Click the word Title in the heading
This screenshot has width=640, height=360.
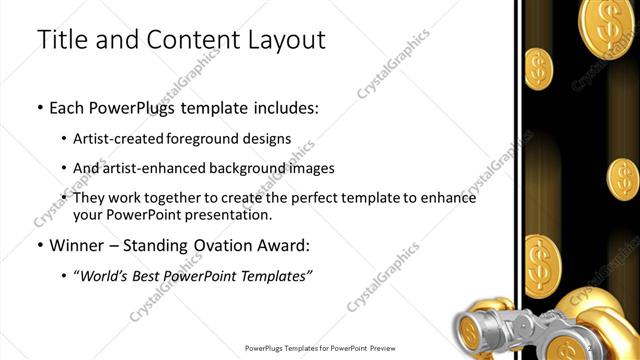point(63,41)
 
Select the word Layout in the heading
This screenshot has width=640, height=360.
point(284,41)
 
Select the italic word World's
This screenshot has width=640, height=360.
point(108,276)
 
